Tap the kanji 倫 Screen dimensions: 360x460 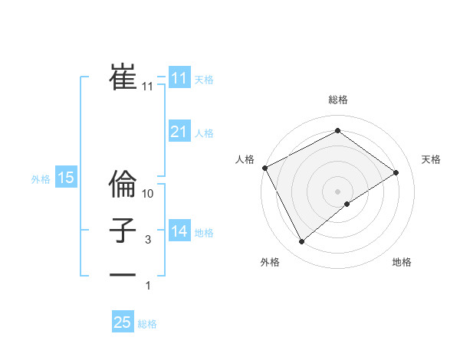pos(123,184)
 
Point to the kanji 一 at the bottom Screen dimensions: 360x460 pos(123,274)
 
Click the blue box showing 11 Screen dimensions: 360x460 pos(179,78)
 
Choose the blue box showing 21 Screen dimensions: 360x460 pos(179,132)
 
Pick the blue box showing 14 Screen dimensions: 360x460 pos(179,231)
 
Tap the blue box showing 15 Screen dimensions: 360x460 pos(66,178)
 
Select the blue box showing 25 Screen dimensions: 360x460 pos(123,322)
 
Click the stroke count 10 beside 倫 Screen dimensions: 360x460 pos(149,194)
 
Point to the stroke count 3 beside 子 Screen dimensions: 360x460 pos(148,240)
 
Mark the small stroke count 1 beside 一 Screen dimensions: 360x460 pos(148,286)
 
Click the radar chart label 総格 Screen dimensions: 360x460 pos(338,100)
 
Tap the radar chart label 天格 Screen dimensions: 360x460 pos(432,159)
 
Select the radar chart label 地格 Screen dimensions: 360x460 pos(402,262)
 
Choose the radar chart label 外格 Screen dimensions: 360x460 pos(270,262)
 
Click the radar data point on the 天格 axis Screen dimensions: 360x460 pos(396,172)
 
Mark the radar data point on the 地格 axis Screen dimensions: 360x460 pos(347,204)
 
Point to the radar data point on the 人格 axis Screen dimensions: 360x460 pos(264,168)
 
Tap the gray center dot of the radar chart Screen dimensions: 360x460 pos(338,191)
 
